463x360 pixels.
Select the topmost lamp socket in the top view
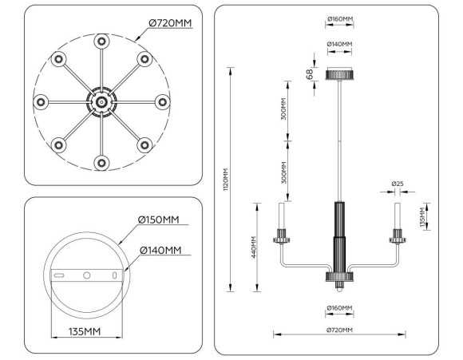[x=101, y=41]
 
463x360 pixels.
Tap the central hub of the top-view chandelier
[x=101, y=101]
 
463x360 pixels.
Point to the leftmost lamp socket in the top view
[x=39, y=102]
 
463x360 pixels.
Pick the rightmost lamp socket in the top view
[x=162, y=102]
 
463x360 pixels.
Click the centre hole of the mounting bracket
[x=85, y=275]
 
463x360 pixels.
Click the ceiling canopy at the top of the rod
[x=340, y=75]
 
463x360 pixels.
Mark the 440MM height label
[x=253, y=248]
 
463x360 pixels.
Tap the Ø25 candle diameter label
[x=397, y=185]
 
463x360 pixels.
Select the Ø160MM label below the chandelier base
[x=339, y=307]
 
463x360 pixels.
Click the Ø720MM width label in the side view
[x=339, y=329]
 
